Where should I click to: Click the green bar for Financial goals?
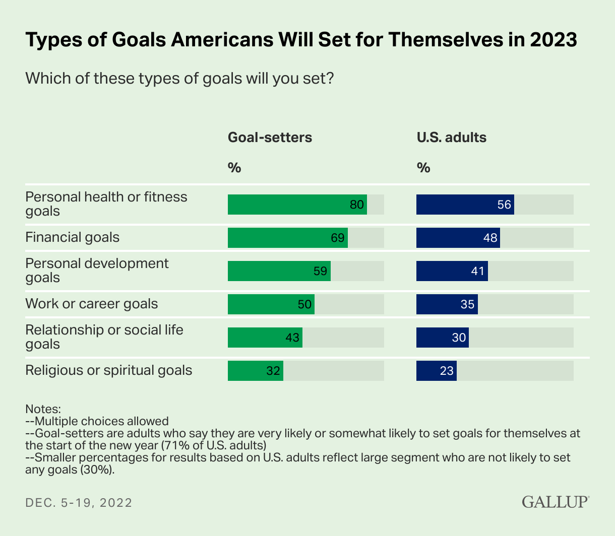(287, 238)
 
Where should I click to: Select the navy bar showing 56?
(465, 205)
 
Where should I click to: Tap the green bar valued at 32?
(255, 371)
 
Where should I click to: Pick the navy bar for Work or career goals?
(447, 304)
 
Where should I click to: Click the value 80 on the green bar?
(357, 205)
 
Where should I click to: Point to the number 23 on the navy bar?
(447, 371)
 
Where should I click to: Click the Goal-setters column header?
(270, 138)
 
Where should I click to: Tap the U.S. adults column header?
(451, 138)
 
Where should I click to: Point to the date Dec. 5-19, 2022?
(79, 502)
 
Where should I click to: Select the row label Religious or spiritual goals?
(109, 370)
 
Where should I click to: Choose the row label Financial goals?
(73, 237)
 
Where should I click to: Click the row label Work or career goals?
(92, 304)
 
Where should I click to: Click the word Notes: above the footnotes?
(43, 409)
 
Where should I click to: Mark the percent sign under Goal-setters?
(234, 168)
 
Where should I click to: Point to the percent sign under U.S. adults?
(423, 168)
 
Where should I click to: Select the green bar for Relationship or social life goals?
(265, 338)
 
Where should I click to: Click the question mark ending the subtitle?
(330, 79)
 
